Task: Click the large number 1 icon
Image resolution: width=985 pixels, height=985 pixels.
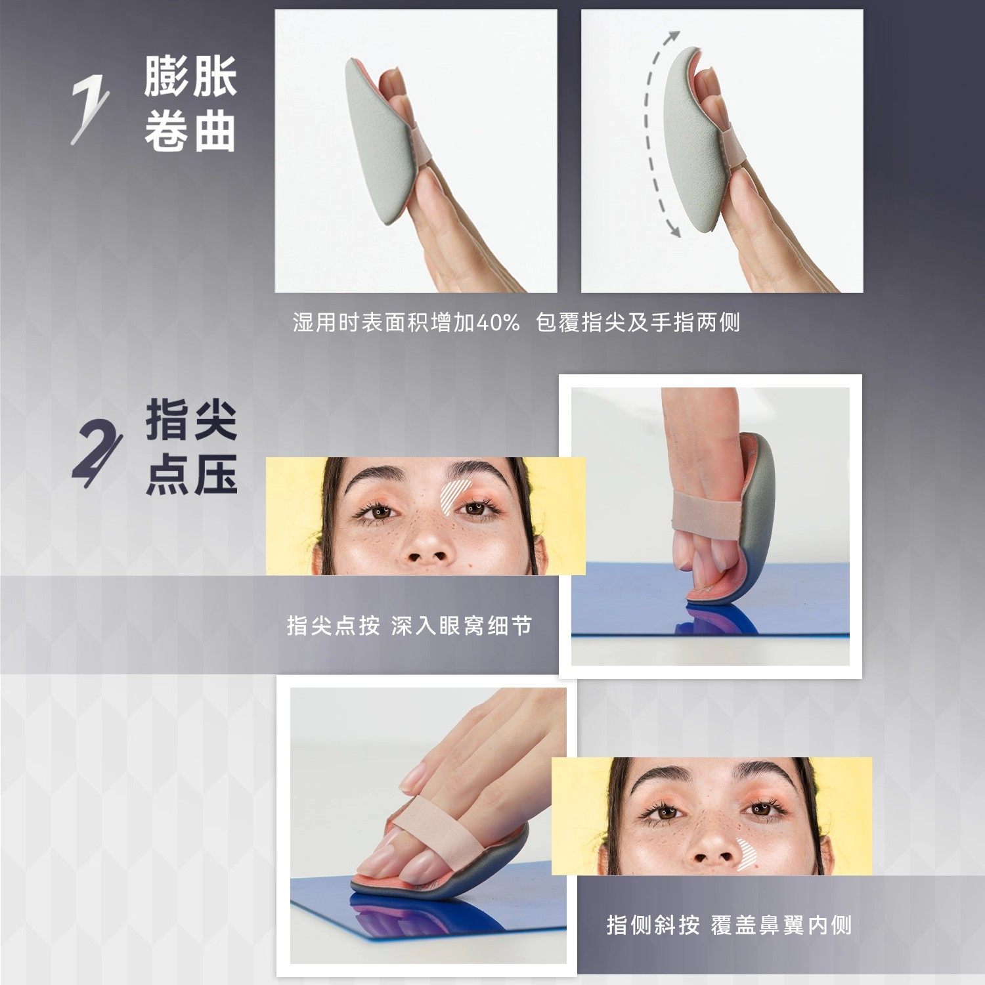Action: (x=89, y=111)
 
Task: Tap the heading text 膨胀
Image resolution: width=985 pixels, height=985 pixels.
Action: (x=190, y=76)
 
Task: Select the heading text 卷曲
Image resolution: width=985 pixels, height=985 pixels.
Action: (x=190, y=131)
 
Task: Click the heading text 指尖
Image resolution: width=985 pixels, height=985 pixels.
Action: (x=191, y=420)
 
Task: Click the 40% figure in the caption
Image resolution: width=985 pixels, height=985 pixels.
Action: (x=497, y=322)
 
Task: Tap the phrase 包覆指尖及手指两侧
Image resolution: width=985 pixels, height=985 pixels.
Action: (x=638, y=322)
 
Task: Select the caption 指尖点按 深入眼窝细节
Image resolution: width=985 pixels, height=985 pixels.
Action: (x=408, y=625)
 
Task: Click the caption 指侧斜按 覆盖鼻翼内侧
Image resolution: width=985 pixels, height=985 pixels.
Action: (x=728, y=925)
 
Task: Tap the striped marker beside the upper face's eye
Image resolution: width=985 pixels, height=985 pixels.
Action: (x=453, y=495)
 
